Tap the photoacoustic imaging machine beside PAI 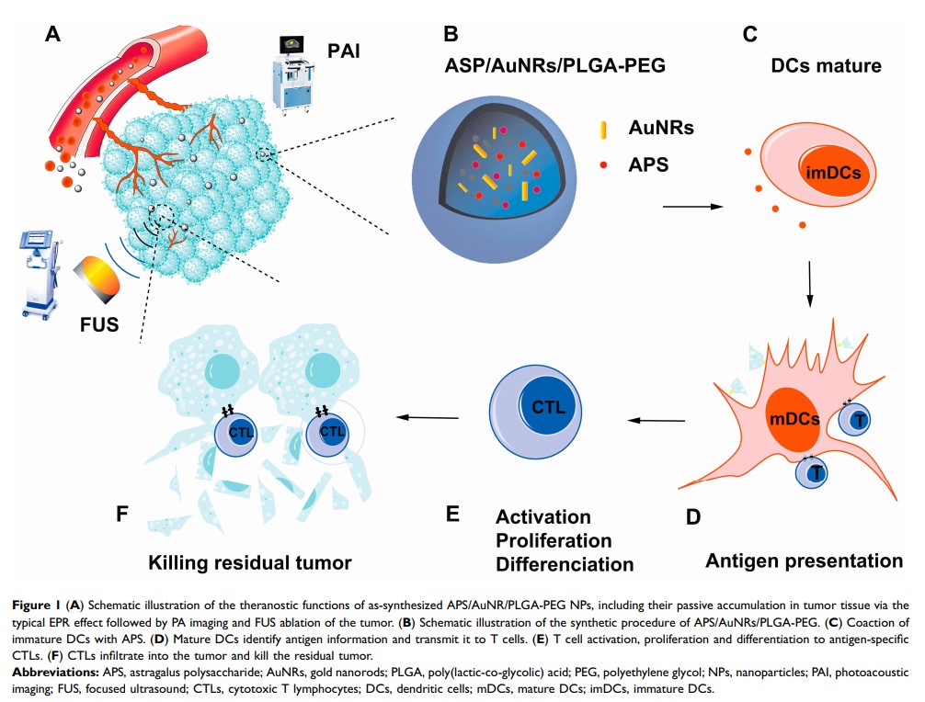coord(291,70)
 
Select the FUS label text coord(100,323)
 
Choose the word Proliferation coord(554,539)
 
